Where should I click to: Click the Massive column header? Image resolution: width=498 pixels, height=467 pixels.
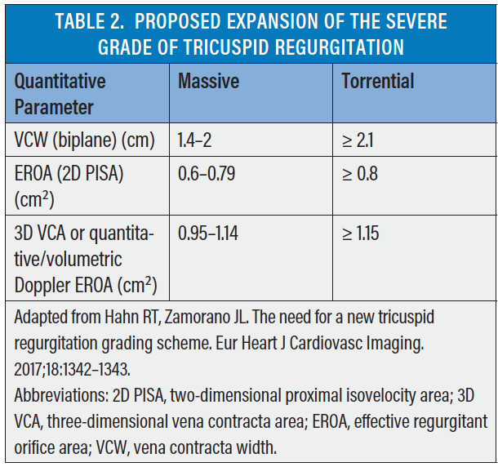click(x=208, y=81)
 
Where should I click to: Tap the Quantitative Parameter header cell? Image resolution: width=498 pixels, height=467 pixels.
click(x=61, y=94)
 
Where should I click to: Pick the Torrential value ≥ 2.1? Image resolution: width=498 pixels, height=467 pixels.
click(x=360, y=140)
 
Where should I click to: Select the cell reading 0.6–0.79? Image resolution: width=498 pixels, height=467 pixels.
click(x=207, y=175)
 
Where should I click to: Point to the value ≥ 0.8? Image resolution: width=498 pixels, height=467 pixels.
click(x=360, y=175)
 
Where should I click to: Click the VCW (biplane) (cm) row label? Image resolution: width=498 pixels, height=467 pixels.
click(x=85, y=140)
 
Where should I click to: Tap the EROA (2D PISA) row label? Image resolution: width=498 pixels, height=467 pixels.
click(x=69, y=175)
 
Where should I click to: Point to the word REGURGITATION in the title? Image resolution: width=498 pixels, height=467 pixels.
click(x=352, y=47)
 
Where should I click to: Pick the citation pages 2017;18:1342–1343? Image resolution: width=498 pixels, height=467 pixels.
click(x=74, y=368)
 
